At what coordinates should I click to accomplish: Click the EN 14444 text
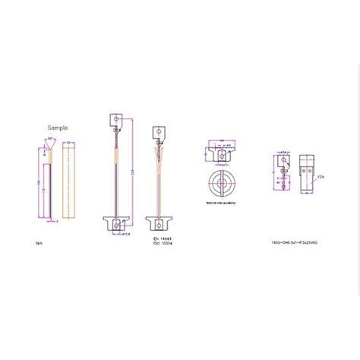coord(155,238)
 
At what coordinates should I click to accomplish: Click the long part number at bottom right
coord(299,242)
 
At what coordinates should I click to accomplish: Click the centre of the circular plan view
coord(222,184)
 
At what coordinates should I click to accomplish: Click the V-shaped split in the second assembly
coord(158,157)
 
